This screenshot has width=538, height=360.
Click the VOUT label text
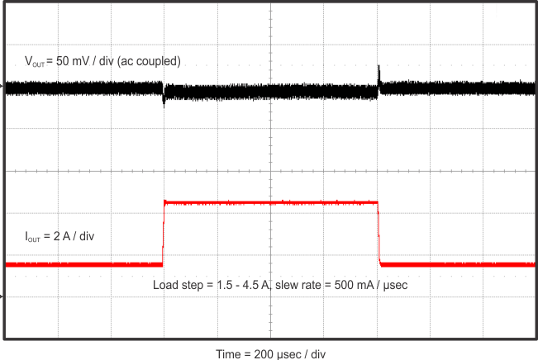[38, 61]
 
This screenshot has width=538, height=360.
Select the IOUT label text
[36, 237]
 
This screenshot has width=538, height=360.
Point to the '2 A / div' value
[75, 236]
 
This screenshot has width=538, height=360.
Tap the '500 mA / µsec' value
[371, 285]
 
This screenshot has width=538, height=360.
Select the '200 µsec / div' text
[296, 353]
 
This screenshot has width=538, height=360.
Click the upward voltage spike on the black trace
[379, 73]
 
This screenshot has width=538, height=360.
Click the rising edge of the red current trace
[164, 235]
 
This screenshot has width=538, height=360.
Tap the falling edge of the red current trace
[379, 235]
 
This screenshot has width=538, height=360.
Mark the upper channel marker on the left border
[2, 86]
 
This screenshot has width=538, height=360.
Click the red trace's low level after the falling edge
[455, 264]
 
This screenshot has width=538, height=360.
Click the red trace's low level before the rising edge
[83, 264]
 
